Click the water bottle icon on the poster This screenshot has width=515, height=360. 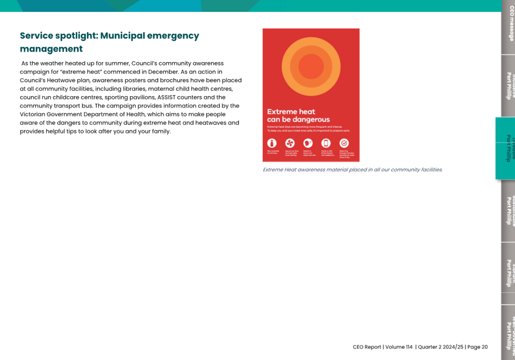(272, 143)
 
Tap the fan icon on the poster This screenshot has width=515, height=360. (290, 143)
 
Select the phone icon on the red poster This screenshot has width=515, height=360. (326, 143)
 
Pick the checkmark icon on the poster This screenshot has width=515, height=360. (344, 143)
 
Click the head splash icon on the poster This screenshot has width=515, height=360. (308, 143)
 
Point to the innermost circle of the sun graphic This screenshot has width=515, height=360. (311, 67)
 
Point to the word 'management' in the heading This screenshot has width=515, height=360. (51, 49)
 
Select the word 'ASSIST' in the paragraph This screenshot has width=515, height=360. (166, 97)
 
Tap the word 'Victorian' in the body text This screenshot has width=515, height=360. (32, 114)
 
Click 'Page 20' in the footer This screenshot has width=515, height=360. (478, 347)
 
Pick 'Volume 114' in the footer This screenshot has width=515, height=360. (399, 347)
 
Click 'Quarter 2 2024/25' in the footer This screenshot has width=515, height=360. (440, 347)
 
